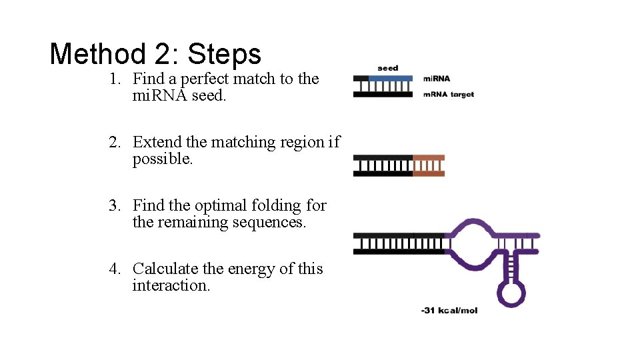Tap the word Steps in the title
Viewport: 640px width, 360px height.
click(225, 53)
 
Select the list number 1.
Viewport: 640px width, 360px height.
click(115, 79)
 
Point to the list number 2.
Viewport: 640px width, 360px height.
click(115, 143)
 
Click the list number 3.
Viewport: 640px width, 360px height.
click(115, 205)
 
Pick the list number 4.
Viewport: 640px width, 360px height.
click(115, 269)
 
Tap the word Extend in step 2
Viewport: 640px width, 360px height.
click(158, 143)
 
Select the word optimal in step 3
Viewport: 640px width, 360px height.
click(225, 205)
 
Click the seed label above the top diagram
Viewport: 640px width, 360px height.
click(387, 68)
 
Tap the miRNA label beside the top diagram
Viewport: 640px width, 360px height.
click(437, 79)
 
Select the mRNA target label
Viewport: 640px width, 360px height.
click(449, 95)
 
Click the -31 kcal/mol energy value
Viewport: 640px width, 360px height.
click(449, 311)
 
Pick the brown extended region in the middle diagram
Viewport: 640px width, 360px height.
click(428, 165)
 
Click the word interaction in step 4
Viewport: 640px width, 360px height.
click(171, 286)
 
